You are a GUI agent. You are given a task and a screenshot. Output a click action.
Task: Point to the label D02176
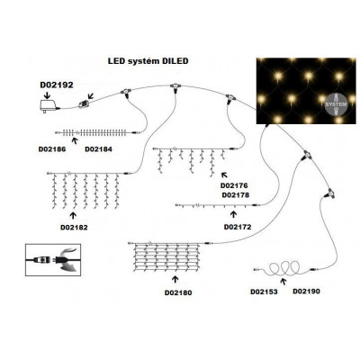click(x=235, y=185)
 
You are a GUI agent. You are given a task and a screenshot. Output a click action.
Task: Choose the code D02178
click(x=235, y=195)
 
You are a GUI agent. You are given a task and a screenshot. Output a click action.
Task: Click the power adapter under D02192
click(x=42, y=106)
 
